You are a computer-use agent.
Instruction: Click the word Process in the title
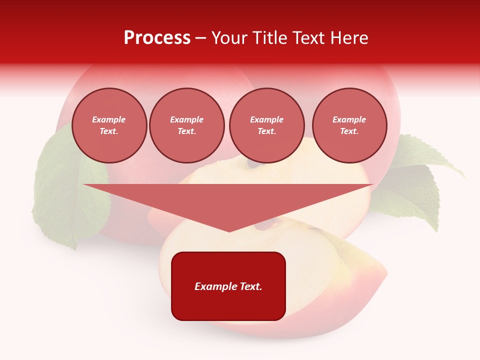point(157,38)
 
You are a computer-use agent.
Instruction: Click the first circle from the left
point(109,125)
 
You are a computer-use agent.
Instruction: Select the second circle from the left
point(186,125)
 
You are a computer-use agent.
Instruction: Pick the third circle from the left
point(266,125)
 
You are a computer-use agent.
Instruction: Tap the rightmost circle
point(349,125)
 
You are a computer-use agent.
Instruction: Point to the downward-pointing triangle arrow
point(228,202)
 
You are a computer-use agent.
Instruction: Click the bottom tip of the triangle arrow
point(228,230)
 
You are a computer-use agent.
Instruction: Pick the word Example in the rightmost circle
point(349,119)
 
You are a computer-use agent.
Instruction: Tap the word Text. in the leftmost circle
point(109,131)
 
